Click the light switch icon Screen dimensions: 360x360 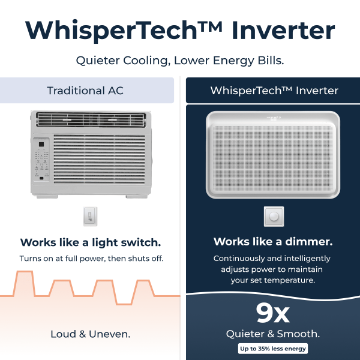pos(90,216)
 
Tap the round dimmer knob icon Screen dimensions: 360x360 pos(274,216)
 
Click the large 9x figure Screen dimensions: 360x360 pos(273,313)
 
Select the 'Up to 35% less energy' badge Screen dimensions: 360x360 pos(273,349)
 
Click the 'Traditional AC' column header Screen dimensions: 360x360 pos(87,90)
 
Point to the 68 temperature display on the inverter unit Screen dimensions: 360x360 pos(274,119)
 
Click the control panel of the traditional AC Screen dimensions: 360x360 pos(41,160)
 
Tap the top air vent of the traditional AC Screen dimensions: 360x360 pos(91,119)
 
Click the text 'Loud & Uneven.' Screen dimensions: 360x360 pos(91,334)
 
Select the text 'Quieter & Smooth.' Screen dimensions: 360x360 pos(273,334)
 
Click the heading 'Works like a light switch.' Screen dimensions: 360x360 pos(91,242)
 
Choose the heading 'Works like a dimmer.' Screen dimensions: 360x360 pos(273,242)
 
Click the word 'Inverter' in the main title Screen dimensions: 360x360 pos(283,31)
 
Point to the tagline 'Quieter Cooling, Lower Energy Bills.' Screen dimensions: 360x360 pos(180,61)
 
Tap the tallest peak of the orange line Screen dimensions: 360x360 pos(25,272)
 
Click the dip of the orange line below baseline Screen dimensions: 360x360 pos(124,304)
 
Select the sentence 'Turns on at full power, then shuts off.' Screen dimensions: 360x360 pos(91,259)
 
